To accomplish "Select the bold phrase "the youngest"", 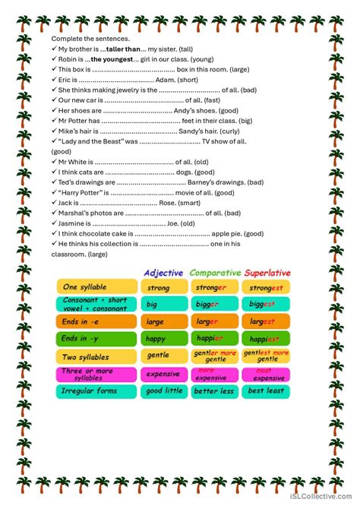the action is [x=112, y=58].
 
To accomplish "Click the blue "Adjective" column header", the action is [x=164, y=272].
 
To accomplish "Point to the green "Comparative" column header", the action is [x=215, y=272].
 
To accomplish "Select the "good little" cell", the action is [x=164, y=391].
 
